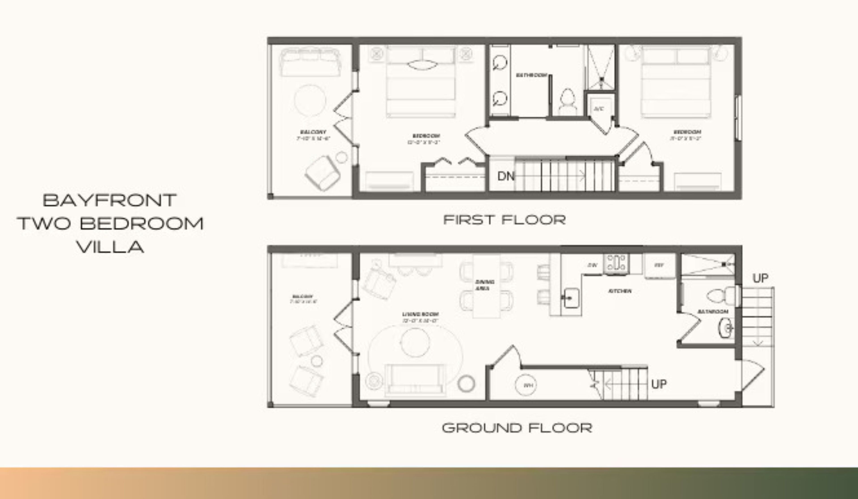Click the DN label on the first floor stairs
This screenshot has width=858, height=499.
[506, 176]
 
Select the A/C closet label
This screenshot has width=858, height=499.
[599, 109]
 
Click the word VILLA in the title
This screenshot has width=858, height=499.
[110, 247]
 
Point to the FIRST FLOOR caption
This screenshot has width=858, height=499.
[504, 220]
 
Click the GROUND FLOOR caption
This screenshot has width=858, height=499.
[517, 428]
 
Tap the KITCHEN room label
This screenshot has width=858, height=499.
[620, 291]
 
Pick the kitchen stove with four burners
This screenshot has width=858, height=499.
[616, 263]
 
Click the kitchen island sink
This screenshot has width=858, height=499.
[571, 298]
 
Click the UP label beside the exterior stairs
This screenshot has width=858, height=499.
[760, 278]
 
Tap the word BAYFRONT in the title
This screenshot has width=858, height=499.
[110, 200]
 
